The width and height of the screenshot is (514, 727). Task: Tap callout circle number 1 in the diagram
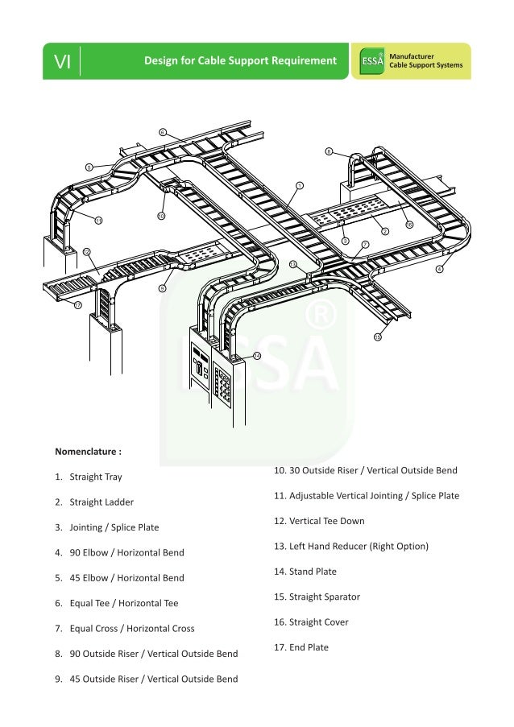pyautogui.click(x=300, y=185)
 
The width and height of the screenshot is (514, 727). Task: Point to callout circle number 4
pyautogui.click(x=439, y=269)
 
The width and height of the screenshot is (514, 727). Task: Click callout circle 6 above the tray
pyautogui.click(x=162, y=131)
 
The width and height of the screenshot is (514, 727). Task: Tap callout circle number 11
pyautogui.click(x=98, y=219)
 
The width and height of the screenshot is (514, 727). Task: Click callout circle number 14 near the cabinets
pyautogui.click(x=257, y=355)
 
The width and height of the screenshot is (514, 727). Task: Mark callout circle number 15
pyautogui.click(x=377, y=337)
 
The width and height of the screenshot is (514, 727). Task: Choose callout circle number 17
pyautogui.click(x=77, y=305)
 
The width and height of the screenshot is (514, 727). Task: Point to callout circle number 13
pyautogui.click(x=292, y=264)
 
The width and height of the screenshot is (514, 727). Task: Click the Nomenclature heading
pyautogui.click(x=88, y=452)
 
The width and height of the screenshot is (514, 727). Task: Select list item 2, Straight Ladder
pyautogui.click(x=101, y=502)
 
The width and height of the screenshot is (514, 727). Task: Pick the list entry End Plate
pyautogui.click(x=309, y=647)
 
